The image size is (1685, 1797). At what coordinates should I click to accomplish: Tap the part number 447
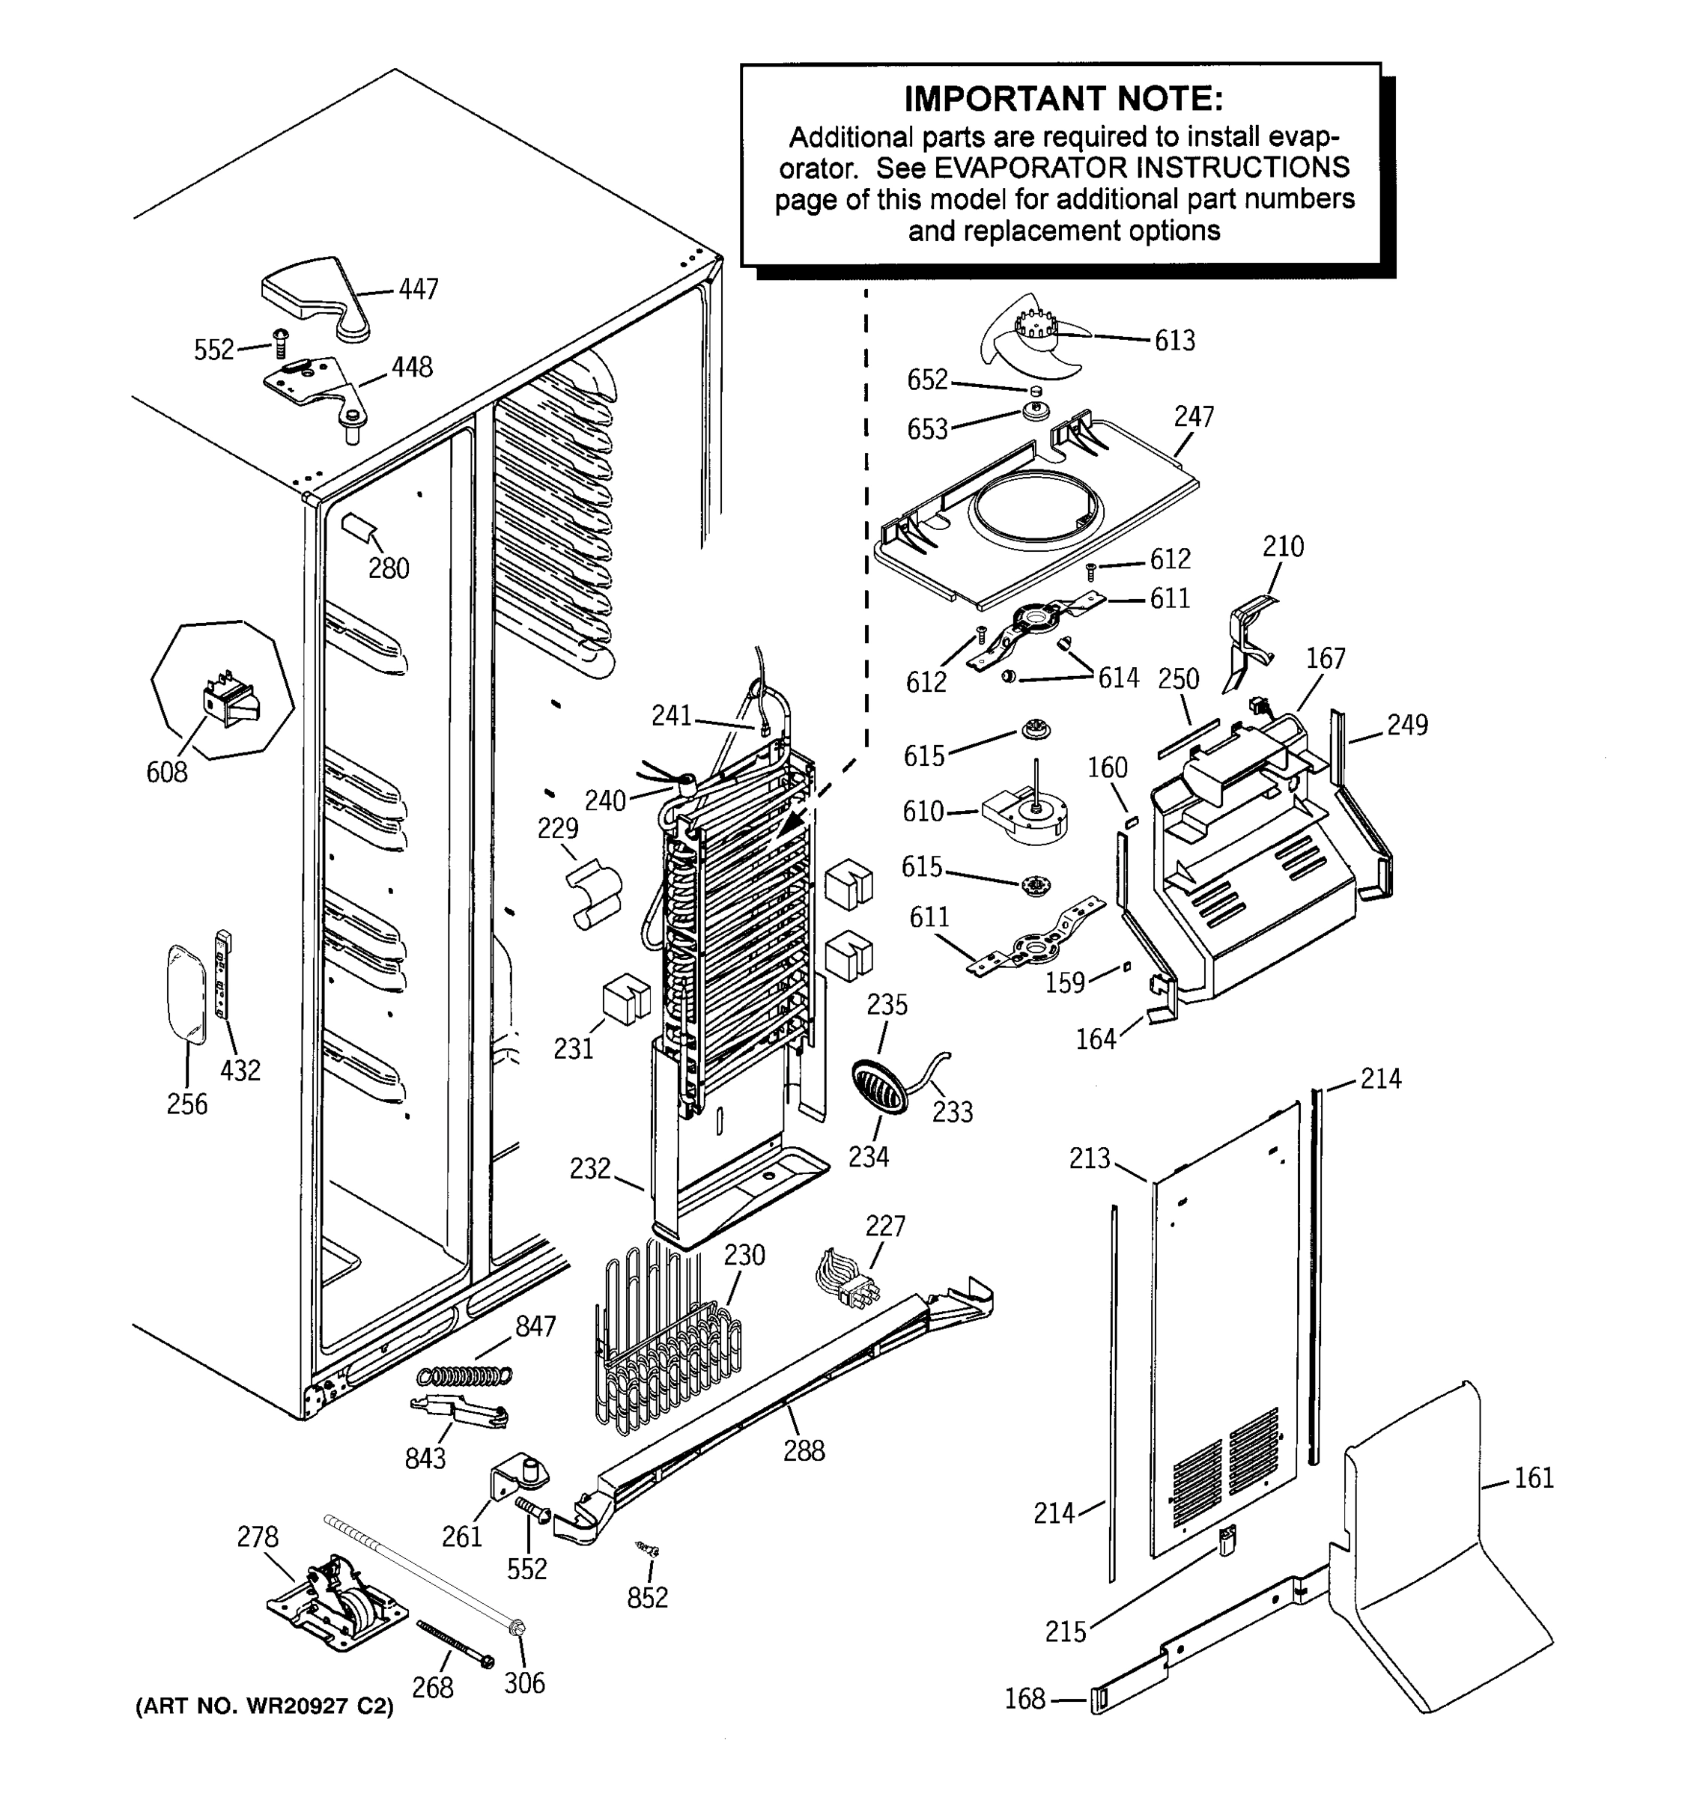419,289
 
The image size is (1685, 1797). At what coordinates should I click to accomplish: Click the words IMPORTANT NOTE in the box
1063,97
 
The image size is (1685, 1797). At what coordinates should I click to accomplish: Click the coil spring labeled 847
464,1375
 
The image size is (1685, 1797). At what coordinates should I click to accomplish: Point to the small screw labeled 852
647,1549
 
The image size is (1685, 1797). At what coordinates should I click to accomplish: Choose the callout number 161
1533,1477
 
